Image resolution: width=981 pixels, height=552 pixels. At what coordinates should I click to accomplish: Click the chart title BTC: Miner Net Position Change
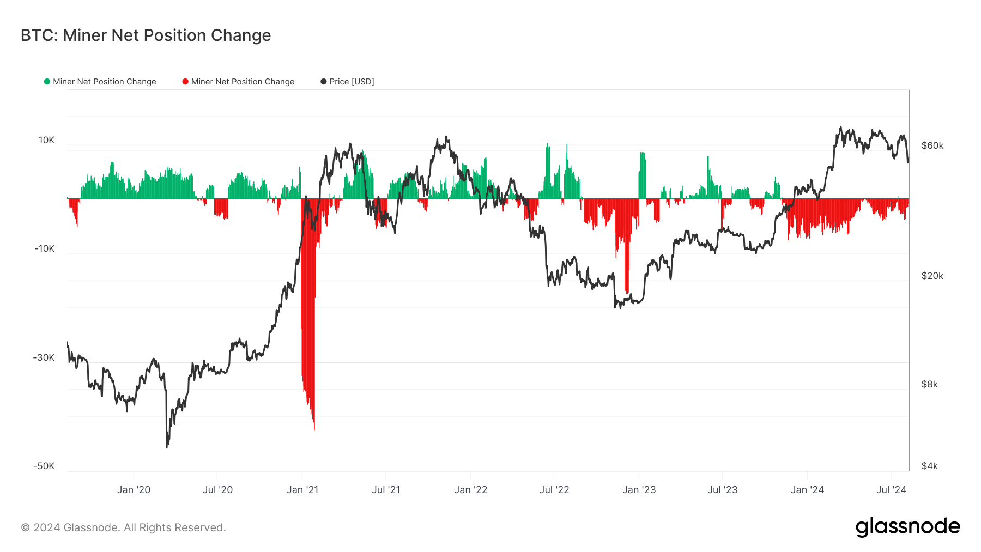(x=146, y=35)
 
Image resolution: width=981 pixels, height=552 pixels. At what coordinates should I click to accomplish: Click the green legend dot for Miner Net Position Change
(x=47, y=82)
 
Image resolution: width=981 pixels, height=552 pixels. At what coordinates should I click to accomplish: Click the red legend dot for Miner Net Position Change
(x=185, y=82)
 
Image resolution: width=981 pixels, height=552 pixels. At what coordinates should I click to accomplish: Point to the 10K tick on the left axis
(x=46, y=140)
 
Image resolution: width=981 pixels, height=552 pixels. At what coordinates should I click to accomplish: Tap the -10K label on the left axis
(x=45, y=248)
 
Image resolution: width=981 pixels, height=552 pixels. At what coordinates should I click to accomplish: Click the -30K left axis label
(x=44, y=357)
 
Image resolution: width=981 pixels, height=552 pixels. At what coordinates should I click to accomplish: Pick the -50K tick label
(x=44, y=466)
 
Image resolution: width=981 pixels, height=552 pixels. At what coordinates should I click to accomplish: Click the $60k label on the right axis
(x=932, y=145)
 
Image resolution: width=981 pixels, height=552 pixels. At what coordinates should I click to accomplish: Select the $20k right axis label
(x=932, y=276)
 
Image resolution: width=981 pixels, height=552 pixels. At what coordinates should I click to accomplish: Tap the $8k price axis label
(x=929, y=384)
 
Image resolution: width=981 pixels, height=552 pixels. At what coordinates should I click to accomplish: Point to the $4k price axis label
(x=929, y=466)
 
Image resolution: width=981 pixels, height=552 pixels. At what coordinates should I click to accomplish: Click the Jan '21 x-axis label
(x=302, y=490)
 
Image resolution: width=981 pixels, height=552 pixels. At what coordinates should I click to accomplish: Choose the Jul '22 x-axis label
(x=554, y=490)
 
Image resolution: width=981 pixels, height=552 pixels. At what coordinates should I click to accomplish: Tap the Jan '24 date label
(x=807, y=490)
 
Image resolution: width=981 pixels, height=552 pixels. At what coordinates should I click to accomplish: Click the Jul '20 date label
(x=217, y=490)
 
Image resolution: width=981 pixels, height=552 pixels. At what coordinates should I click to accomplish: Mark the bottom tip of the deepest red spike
(x=314, y=429)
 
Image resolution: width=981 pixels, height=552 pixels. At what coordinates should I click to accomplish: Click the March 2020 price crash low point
(x=167, y=447)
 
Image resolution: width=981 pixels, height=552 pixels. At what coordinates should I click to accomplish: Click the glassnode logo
(x=907, y=527)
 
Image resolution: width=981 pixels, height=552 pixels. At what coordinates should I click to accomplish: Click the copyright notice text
(x=123, y=527)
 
